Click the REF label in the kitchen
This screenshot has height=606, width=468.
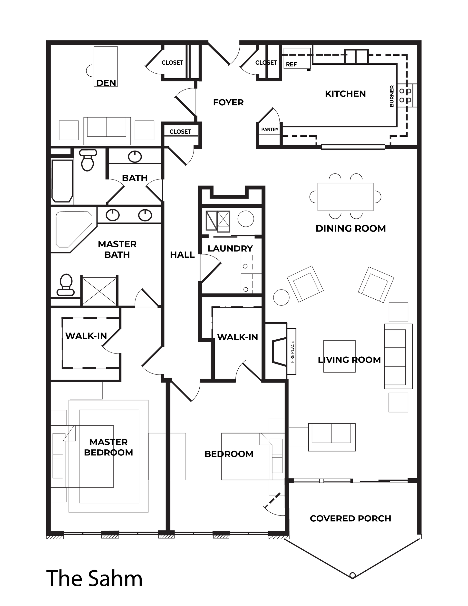point(291,64)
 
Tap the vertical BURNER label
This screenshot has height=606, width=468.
point(392,96)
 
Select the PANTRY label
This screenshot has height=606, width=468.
point(270,130)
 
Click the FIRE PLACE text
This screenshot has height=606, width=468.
point(292,352)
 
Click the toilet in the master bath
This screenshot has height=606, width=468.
point(65,285)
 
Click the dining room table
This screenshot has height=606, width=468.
point(345,197)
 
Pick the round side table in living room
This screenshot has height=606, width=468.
point(281,297)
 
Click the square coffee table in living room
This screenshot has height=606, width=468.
point(339,356)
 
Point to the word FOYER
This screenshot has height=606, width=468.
point(228,103)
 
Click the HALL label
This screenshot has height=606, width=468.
point(182,255)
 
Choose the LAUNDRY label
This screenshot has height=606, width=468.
point(230,249)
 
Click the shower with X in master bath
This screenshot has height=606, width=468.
point(99,291)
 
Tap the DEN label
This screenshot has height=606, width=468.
point(106,83)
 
